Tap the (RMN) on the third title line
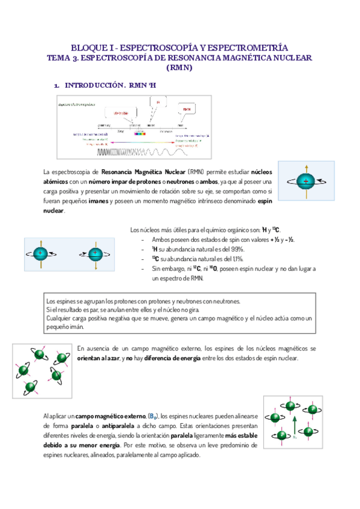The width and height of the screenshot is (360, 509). tap(179, 68)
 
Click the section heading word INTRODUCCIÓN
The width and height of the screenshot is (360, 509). tap(94, 86)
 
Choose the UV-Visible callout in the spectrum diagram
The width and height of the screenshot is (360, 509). tap(121, 112)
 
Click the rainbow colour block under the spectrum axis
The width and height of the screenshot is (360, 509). tap(140, 133)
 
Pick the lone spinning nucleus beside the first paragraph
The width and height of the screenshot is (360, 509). tap(307, 180)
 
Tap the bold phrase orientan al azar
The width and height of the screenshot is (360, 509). tap(98, 358)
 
